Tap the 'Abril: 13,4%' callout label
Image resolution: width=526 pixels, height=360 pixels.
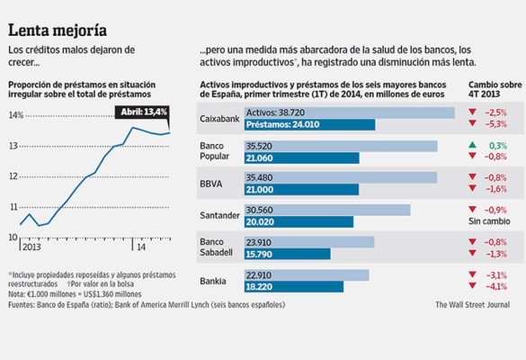pyautogui.click(x=142, y=111)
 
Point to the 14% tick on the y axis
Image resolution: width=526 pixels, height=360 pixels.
pyautogui.click(x=16, y=115)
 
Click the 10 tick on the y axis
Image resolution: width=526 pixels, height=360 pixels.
pyautogui.click(x=13, y=237)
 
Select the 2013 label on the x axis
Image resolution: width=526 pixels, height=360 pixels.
pyautogui.click(x=31, y=247)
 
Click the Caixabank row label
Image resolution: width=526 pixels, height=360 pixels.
pyautogui.click(x=218, y=118)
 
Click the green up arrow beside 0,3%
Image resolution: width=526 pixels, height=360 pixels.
pyautogui.click(x=472, y=145)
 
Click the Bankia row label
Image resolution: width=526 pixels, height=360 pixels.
pyautogui.click(x=213, y=281)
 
